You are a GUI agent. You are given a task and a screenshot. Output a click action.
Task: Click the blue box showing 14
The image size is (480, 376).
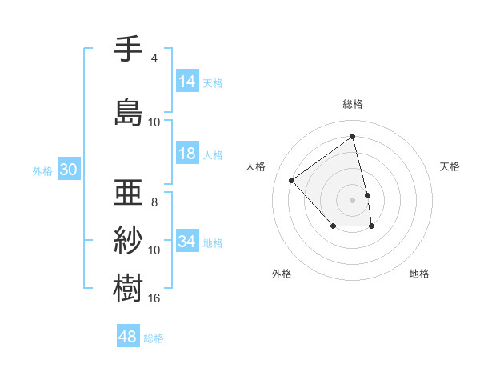[187, 82]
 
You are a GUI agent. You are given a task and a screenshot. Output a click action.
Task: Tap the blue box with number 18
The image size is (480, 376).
[187, 154]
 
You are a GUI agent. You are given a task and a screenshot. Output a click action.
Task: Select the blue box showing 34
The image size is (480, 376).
[187, 242]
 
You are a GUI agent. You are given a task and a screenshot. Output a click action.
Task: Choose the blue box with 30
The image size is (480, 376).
[68, 170]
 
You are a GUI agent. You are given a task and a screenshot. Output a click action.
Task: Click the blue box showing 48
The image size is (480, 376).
[128, 337]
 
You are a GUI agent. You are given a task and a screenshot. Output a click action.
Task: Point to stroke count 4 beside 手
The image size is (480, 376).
[154, 58]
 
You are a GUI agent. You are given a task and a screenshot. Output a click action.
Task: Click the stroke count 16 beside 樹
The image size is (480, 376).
[154, 298]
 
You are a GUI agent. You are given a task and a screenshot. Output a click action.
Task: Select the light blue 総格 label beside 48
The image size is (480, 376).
[154, 338]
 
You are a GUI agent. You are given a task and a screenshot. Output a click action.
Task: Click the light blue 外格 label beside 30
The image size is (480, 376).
[42, 171]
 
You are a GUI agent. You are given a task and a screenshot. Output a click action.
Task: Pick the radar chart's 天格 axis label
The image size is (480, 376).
[450, 166]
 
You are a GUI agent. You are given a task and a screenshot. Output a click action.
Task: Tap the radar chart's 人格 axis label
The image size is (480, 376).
[256, 166]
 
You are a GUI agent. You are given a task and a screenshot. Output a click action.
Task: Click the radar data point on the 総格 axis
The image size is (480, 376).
[353, 137]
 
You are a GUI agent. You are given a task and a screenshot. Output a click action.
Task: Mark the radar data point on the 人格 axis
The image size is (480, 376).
[292, 180]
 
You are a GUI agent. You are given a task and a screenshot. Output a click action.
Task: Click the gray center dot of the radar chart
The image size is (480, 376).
[353, 199]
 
